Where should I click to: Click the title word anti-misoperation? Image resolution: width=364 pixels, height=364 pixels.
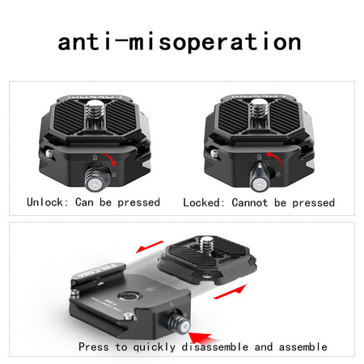[180, 42]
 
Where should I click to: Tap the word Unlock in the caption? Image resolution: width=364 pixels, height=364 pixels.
[44, 202]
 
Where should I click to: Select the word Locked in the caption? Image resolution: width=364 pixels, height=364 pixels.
[201, 202]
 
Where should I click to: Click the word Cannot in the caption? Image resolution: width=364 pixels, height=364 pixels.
[250, 202]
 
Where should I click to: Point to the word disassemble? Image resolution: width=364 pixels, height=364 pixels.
[215, 347]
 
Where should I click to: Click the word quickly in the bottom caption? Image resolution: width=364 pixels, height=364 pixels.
[154, 347]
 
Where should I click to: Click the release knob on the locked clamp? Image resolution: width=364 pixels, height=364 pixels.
[260, 178]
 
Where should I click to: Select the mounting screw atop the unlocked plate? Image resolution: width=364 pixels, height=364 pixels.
[95, 108]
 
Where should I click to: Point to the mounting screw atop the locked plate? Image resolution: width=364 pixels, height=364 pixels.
[260, 108]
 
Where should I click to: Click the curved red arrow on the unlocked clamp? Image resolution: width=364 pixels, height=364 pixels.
[110, 159]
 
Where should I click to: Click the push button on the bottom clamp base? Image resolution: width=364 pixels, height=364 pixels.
[179, 322]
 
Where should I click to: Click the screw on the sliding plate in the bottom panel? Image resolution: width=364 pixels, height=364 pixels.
[207, 244]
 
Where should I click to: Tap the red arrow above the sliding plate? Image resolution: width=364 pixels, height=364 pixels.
[150, 247]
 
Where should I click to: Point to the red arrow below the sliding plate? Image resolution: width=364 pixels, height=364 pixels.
[230, 292]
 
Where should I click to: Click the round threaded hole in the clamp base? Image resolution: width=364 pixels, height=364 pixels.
[130, 296]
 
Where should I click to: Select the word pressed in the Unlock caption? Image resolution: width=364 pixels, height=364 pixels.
[139, 202]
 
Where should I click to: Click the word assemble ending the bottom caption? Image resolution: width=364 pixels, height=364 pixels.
[303, 347]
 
